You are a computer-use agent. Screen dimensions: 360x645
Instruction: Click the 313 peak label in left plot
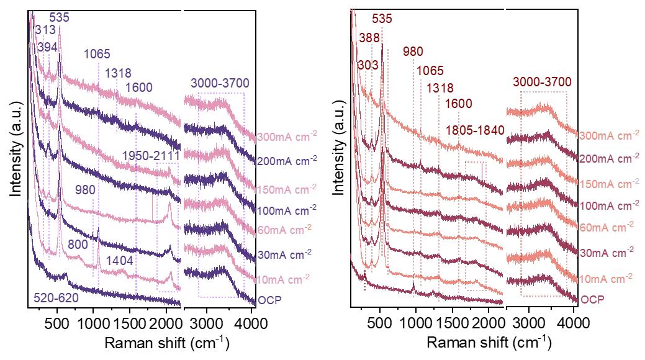[x=45, y=30]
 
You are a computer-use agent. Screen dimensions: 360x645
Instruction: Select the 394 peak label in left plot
[x=48, y=47]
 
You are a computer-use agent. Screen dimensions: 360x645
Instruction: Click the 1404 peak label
[x=119, y=261]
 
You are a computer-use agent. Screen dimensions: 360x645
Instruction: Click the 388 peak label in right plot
[x=369, y=38]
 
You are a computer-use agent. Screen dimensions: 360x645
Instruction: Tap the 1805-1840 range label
[x=475, y=130]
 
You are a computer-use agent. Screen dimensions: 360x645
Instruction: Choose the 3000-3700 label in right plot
[x=542, y=82]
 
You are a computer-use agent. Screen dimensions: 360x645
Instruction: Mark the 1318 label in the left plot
[x=118, y=73]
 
